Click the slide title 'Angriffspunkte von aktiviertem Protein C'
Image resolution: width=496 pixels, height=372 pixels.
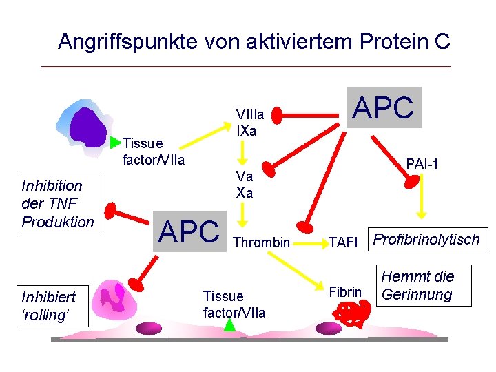click(x=254, y=41)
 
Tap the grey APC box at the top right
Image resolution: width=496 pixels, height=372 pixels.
click(x=383, y=107)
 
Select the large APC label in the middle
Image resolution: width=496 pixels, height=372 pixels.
click(x=189, y=233)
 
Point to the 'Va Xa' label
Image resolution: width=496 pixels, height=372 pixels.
click(x=244, y=185)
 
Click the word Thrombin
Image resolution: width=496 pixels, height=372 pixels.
click(x=262, y=242)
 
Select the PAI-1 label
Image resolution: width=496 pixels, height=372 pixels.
click(x=422, y=164)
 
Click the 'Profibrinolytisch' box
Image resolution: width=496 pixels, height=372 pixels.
click(x=426, y=239)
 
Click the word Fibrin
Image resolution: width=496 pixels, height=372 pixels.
click(x=345, y=292)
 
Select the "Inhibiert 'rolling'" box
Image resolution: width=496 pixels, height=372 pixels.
click(x=48, y=306)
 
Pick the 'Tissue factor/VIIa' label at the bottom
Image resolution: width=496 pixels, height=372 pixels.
click(x=234, y=304)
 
